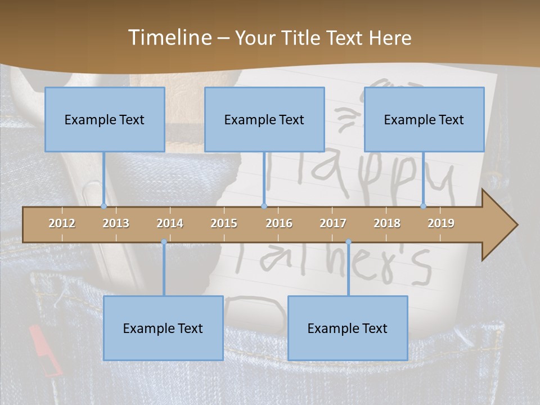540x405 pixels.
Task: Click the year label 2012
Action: [x=62, y=223]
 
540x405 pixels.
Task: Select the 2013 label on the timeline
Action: [x=116, y=223]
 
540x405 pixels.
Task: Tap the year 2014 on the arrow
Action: [x=170, y=223]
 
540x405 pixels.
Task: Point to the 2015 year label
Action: [x=224, y=223]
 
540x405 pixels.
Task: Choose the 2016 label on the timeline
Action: [x=279, y=223]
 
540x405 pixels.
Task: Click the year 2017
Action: [x=333, y=223]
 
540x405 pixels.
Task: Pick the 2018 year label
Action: [x=387, y=223]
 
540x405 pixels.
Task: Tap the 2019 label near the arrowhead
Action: [x=441, y=223]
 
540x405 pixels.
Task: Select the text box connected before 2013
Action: [x=105, y=120]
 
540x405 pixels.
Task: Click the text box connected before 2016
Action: [x=264, y=120]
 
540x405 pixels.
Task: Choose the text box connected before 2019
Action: [x=424, y=120]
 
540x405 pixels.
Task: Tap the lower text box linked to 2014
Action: [x=163, y=328]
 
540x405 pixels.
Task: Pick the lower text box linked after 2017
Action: [x=348, y=328]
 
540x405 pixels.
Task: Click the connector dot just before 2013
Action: [x=103, y=206]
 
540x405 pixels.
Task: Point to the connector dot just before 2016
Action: [x=264, y=206]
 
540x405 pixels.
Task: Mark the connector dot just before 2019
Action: [x=423, y=206]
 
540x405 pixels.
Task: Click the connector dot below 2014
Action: [x=164, y=242]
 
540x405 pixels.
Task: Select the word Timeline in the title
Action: [x=169, y=37]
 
